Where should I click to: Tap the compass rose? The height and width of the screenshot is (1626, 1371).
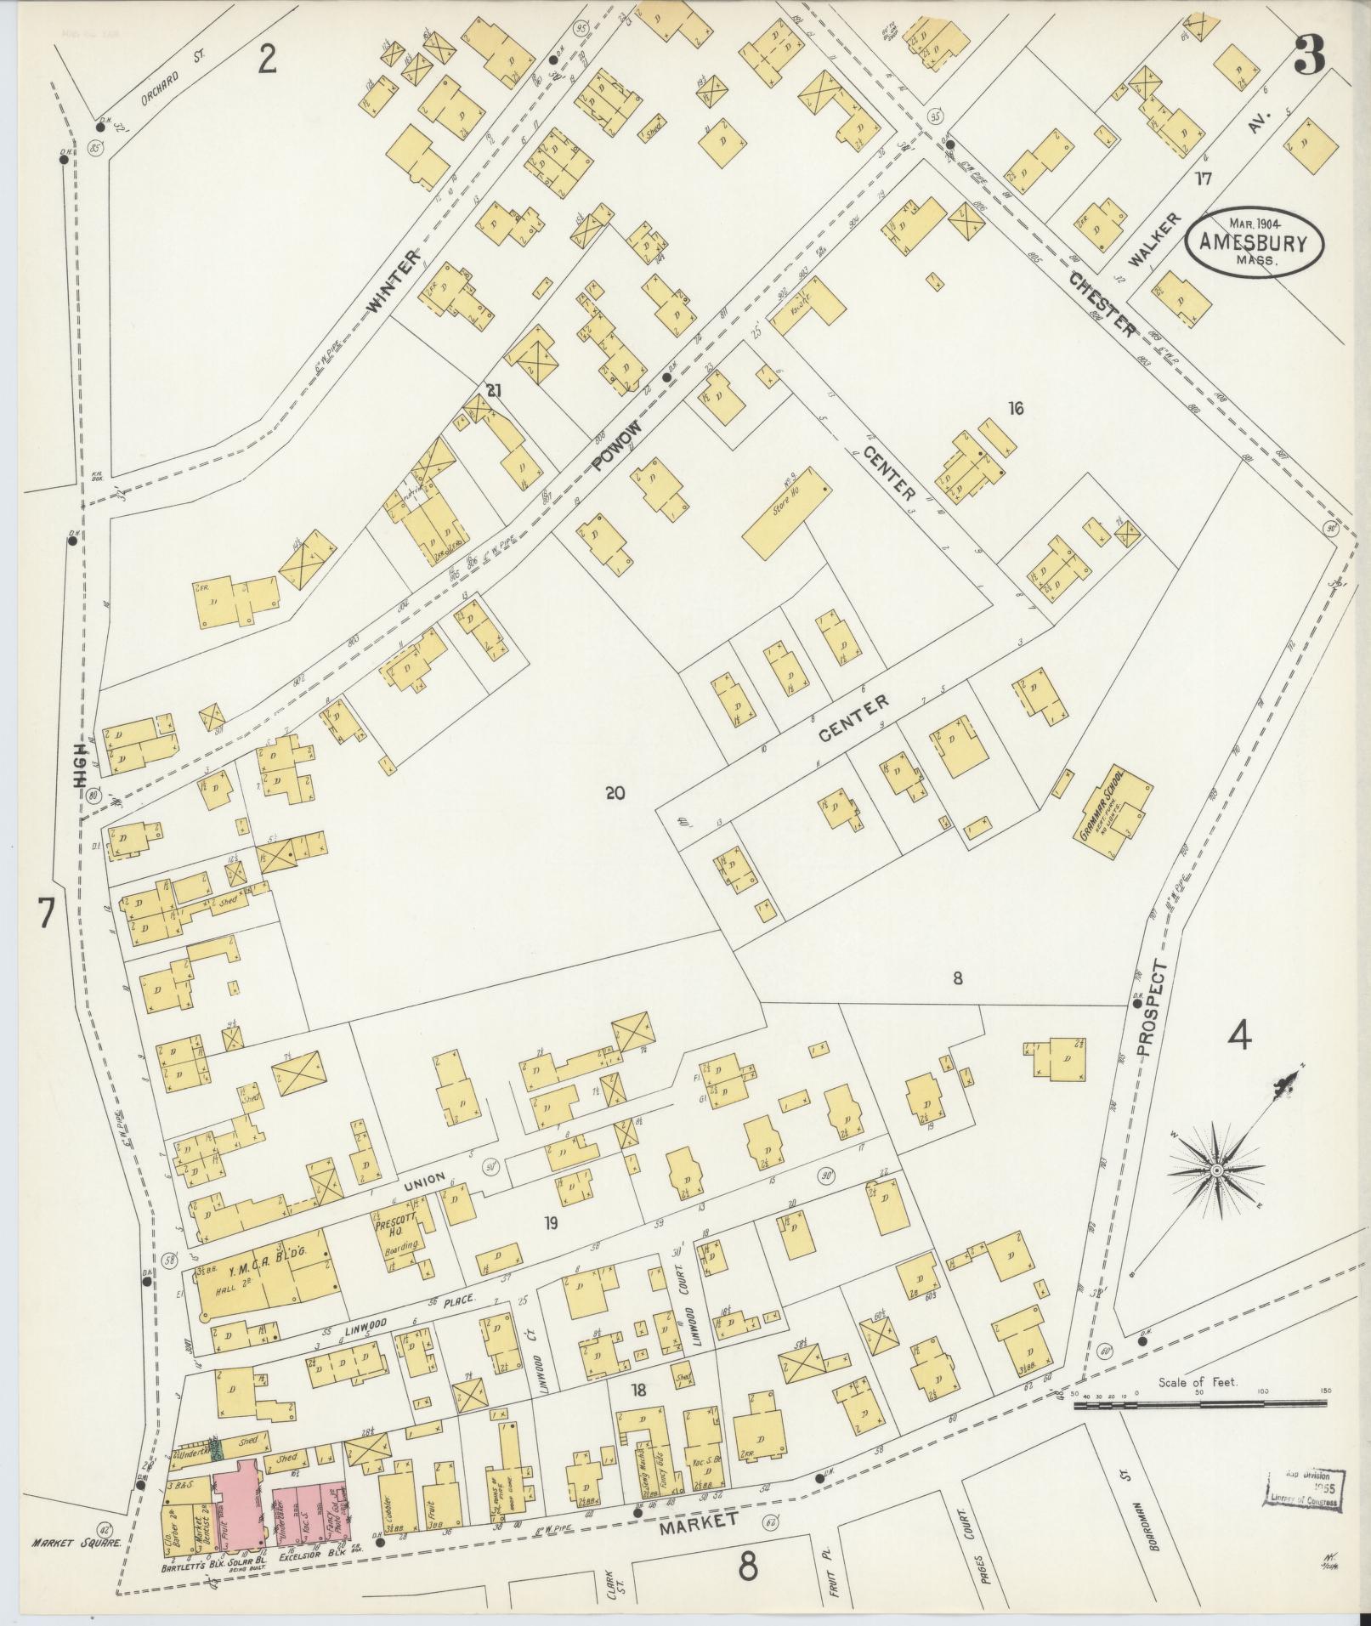pos(1216,1171)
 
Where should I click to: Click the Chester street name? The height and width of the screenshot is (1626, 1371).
pos(1102,303)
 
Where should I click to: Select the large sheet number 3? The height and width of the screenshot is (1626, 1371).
pos(1309,55)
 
